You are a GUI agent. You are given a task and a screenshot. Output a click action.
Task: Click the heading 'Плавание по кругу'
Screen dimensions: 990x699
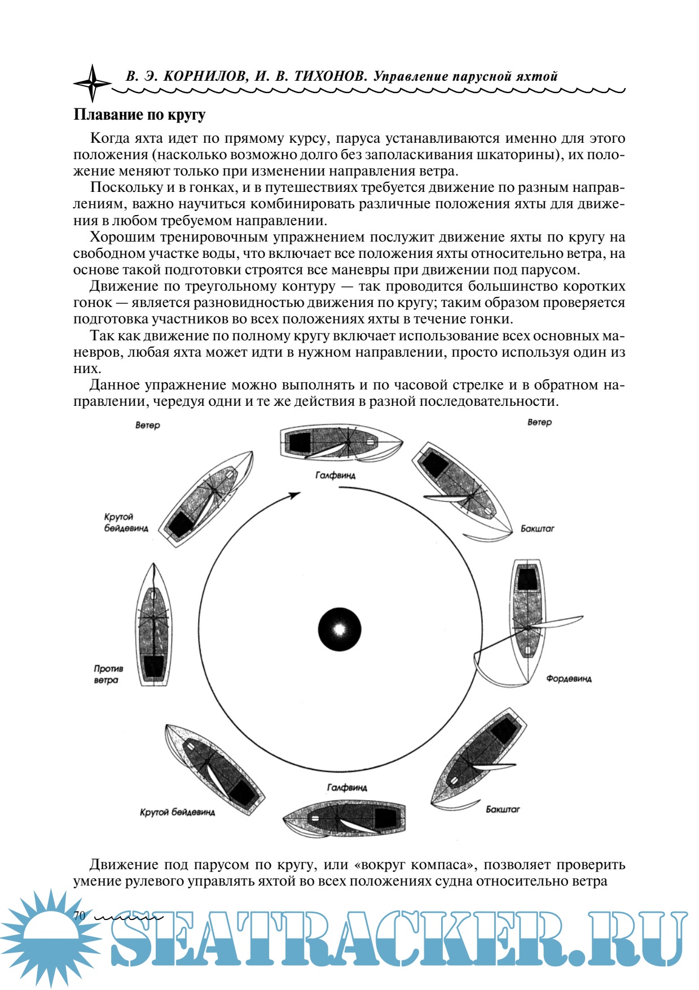pos(139,115)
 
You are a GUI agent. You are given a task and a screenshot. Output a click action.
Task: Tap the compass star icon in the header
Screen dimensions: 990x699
pos(93,82)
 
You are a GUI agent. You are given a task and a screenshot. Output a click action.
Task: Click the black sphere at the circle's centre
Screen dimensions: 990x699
pos(339,629)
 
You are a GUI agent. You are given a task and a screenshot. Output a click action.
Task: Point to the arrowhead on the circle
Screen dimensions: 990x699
pos(294,495)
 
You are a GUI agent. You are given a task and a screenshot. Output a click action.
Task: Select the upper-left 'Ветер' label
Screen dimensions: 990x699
pos(148,425)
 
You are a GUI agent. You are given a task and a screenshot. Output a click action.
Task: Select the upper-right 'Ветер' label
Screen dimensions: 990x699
pos(539,422)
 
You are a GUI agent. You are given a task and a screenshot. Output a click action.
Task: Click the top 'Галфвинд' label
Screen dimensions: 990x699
pos(335,475)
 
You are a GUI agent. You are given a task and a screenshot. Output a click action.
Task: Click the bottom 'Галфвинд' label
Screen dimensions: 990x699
pos(347,787)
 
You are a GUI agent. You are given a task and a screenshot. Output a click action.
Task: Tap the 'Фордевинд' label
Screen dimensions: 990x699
pos(569,678)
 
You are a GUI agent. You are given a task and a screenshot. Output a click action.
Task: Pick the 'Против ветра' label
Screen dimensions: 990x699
pos(108,674)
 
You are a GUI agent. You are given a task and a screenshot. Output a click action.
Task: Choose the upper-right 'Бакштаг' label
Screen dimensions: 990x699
pos(537,529)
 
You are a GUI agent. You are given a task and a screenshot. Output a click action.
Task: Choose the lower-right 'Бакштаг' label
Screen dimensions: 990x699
pos(503,809)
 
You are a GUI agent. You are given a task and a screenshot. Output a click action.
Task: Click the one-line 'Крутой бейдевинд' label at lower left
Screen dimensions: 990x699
pos(177,812)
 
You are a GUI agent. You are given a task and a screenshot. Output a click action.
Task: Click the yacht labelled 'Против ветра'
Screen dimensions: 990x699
pos(153,627)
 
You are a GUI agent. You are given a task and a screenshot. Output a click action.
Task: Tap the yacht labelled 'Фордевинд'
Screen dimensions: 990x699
pos(527,621)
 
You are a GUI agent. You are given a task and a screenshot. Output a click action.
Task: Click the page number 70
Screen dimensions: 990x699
pos(79,915)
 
